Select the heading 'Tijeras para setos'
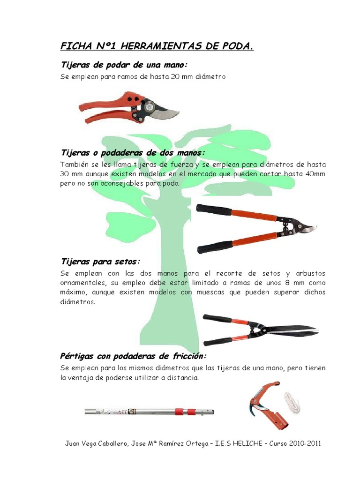coord(101,261)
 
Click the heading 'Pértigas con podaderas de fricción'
coord(134,356)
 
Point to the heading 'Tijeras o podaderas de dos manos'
coord(133,153)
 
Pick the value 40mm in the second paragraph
coord(315,174)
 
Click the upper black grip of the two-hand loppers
coord(214,210)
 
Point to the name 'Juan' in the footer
coord(72,443)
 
